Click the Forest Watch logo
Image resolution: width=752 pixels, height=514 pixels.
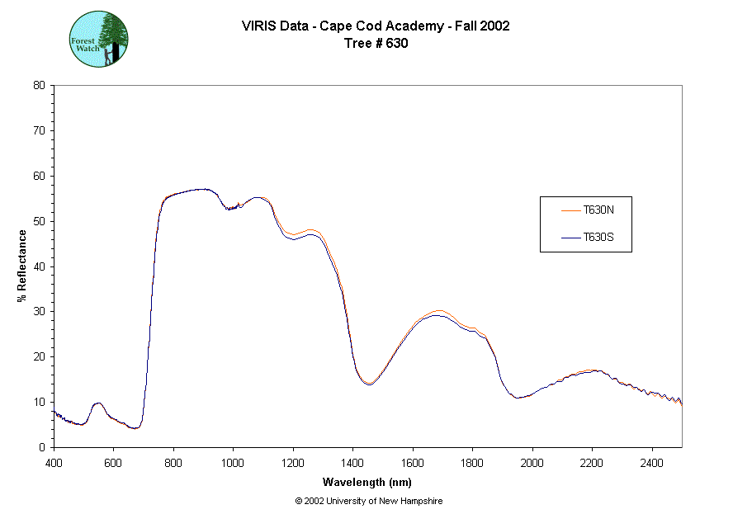(x=98, y=39)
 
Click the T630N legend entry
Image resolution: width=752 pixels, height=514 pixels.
(x=597, y=210)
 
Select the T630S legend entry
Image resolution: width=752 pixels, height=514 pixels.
(x=597, y=238)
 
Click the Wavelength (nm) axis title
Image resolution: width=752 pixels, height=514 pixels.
(x=367, y=483)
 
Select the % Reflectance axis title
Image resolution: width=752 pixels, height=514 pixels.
(x=22, y=266)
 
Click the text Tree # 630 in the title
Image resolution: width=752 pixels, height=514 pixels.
(x=376, y=44)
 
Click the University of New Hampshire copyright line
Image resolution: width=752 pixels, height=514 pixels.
(x=368, y=501)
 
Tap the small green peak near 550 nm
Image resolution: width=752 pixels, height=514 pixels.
(x=98, y=403)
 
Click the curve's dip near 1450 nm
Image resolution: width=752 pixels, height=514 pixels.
(x=368, y=384)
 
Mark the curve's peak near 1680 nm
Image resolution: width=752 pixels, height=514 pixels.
(x=437, y=313)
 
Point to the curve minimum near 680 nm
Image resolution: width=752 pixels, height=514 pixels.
(x=136, y=428)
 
